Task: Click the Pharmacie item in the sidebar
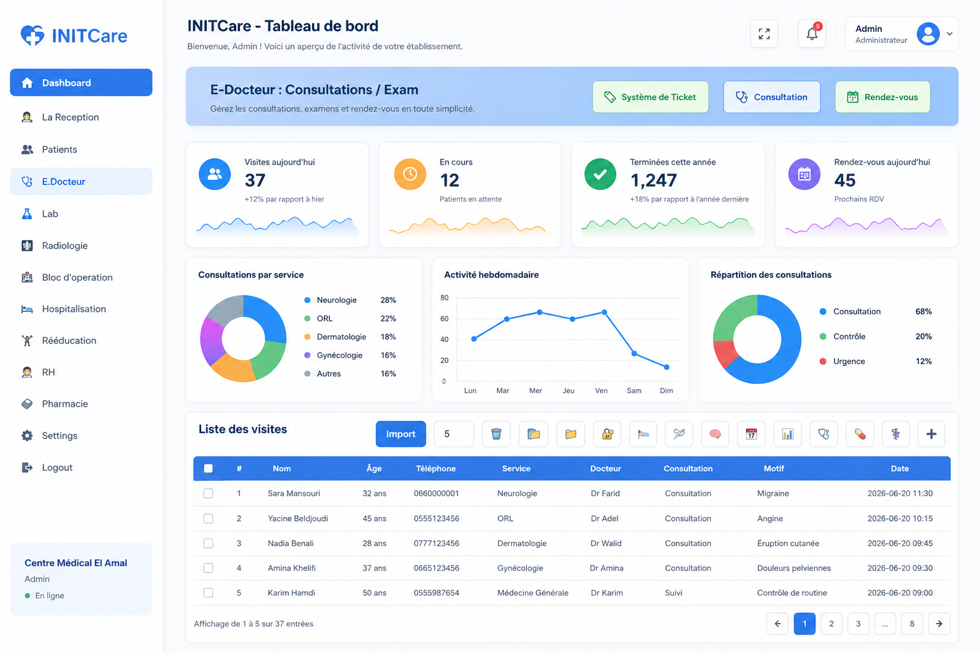click(64, 404)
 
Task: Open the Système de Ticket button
click(650, 97)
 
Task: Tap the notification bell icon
click(812, 34)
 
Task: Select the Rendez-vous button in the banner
click(882, 97)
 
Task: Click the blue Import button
click(401, 434)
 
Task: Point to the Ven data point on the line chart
click(604, 312)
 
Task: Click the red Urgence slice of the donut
click(724, 353)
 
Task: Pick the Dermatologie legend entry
click(341, 337)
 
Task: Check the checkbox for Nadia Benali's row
click(208, 543)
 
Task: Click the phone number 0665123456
click(436, 568)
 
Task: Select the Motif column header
click(773, 469)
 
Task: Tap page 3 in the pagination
click(858, 624)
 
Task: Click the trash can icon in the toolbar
click(496, 434)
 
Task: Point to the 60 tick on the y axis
click(445, 319)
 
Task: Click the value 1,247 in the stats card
click(653, 180)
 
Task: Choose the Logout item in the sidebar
click(57, 467)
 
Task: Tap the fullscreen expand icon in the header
click(764, 34)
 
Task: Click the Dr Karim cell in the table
click(607, 593)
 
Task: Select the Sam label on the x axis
click(634, 390)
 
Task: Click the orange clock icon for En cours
click(410, 174)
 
